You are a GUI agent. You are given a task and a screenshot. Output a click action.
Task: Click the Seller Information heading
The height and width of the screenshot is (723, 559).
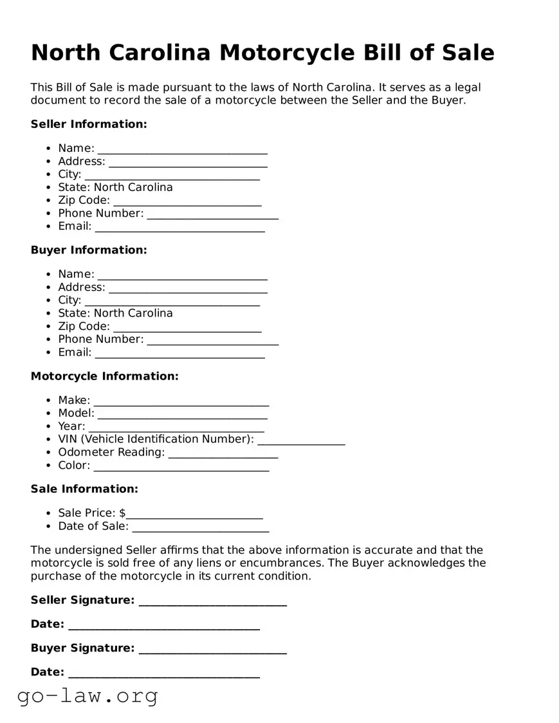(x=89, y=124)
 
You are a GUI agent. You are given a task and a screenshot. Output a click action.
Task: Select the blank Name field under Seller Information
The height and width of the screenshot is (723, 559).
(x=182, y=149)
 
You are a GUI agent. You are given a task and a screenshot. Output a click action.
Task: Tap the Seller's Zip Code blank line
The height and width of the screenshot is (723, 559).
(x=187, y=201)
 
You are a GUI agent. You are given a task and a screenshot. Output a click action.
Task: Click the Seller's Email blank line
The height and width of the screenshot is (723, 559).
(x=179, y=226)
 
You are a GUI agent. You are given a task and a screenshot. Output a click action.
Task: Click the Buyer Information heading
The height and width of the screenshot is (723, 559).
(x=89, y=250)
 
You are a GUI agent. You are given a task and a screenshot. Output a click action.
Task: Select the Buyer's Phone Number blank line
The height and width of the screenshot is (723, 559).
(x=212, y=340)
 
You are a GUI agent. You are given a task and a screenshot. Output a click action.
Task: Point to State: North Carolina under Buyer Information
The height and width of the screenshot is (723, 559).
(x=115, y=313)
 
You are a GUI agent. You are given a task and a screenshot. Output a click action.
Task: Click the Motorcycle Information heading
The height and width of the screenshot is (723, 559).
(x=104, y=376)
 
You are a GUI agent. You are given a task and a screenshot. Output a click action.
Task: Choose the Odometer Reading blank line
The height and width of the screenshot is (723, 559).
(x=223, y=453)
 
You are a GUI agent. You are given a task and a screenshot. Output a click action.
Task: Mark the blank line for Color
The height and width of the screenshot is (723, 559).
(x=181, y=466)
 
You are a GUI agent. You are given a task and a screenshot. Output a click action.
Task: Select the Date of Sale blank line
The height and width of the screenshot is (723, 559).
(x=200, y=527)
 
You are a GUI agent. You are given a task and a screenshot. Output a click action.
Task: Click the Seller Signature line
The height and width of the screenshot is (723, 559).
(x=212, y=601)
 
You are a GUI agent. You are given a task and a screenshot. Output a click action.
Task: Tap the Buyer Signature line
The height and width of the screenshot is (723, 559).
(x=212, y=649)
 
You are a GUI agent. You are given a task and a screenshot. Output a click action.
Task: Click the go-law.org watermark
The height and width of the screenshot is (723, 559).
(x=87, y=695)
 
